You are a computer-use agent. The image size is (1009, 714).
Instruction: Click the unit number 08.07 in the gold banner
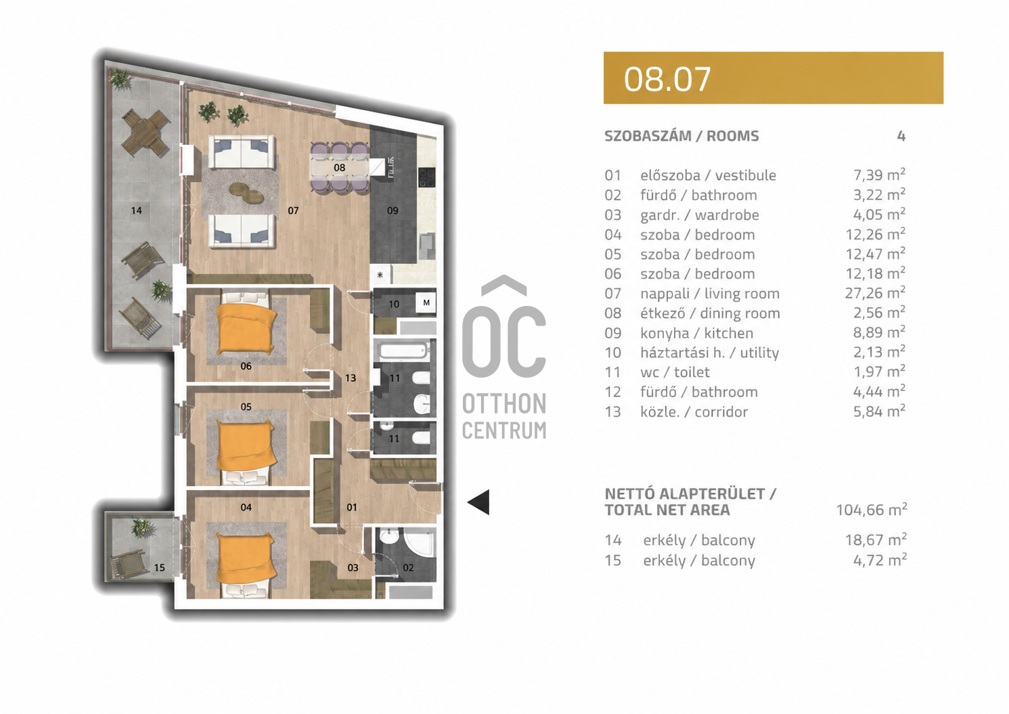click(667, 79)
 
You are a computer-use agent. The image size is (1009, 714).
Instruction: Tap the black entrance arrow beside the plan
click(478, 501)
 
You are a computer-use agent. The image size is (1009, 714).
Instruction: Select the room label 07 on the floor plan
click(293, 210)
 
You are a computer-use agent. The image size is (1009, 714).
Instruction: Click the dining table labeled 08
click(340, 168)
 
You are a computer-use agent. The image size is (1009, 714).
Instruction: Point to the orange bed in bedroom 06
click(246, 328)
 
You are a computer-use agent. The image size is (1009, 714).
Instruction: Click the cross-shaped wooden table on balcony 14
click(145, 133)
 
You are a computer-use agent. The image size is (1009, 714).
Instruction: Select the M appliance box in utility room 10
click(426, 303)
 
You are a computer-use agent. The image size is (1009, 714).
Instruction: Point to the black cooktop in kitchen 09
click(426, 177)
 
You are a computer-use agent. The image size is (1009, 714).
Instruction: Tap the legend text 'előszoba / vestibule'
click(708, 175)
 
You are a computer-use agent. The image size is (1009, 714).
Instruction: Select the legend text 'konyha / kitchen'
click(697, 334)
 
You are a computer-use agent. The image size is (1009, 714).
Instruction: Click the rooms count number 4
click(901, 136)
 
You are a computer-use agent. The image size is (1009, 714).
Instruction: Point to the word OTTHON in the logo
click(504, 403)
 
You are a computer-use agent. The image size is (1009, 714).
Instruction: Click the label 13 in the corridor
click(351, 378)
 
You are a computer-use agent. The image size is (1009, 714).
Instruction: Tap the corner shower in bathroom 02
click(420, 544)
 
